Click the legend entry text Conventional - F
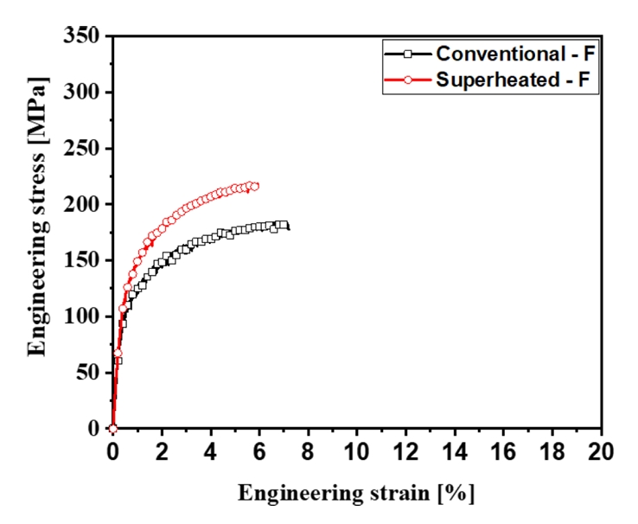(x=515, y=54)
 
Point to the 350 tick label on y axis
(x=81, y=36)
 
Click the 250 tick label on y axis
(x=81, y=149)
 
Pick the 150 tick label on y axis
(x=81, y=261)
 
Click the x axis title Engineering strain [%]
(x=356, y=494)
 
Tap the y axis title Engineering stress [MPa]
(x=37, y=215)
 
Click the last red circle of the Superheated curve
(x=254, y=186)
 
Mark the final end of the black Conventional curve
(x=288, y=229)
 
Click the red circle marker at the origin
(x=112, y=428)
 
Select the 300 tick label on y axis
(x=81, y=93)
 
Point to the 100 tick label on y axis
(x=81, y=317)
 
